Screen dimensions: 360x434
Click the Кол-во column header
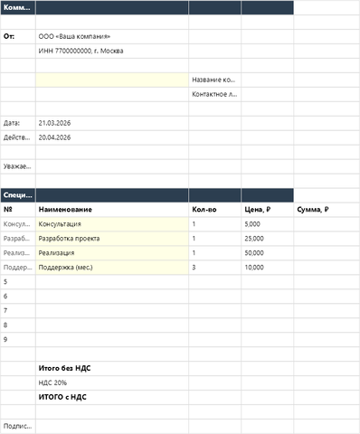204,209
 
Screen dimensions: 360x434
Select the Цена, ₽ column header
260,209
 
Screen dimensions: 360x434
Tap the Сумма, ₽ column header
313,209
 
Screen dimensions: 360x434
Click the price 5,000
252,223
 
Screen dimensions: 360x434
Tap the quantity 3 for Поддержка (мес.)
194,267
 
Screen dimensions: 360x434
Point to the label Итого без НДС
64,368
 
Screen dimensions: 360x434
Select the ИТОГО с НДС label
62,397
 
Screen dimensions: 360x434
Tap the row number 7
6,310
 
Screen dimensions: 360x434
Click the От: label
10,36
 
